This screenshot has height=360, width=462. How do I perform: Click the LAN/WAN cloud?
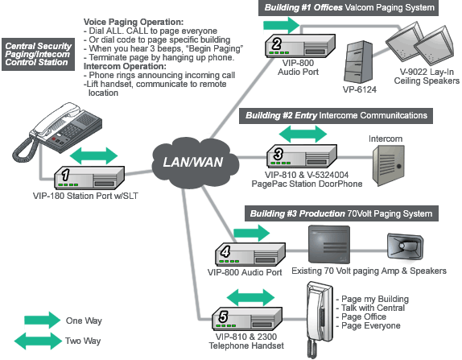(195, 163)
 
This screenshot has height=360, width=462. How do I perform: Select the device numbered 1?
(89, 177)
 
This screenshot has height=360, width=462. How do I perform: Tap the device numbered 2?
(300, 45)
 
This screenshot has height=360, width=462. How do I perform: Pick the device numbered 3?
(302, 155)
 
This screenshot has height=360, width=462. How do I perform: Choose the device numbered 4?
(250, 254)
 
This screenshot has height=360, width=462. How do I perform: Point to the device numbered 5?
(247, 318)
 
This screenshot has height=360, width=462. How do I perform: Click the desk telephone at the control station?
(57, 131)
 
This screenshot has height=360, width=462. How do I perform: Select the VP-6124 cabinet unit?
(358, 62)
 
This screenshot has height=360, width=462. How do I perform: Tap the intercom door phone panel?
(389, 165)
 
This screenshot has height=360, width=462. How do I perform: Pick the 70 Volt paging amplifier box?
(329, 244)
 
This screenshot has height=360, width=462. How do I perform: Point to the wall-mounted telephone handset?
(319, 319)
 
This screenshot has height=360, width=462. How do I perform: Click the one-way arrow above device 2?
(281, 25)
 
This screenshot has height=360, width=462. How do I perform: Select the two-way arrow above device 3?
(303, 134)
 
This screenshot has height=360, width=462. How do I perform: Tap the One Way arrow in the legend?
(43, 320)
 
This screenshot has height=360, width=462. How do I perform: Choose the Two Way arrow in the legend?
(38, 341)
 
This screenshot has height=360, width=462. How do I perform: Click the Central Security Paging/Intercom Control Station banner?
(38, 54)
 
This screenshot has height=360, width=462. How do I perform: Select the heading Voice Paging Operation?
(134, 22)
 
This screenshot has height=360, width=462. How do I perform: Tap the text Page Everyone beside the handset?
(371, 325)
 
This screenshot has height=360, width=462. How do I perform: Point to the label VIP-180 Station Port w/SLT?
(85, 196)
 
